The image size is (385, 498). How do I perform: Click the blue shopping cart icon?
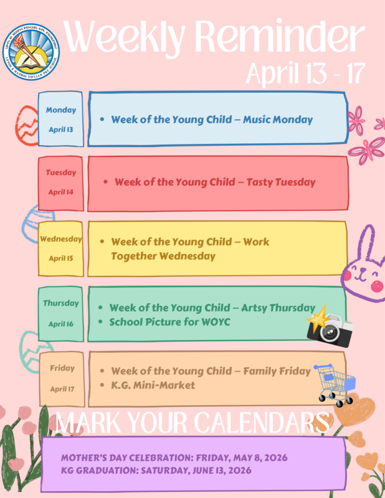335,381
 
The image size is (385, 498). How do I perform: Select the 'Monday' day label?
61,110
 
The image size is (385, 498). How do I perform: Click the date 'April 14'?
61,192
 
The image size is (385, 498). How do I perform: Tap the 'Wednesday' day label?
61,238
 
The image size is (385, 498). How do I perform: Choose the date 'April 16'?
61,324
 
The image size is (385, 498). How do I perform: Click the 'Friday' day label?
62,369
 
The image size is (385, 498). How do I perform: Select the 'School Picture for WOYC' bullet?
169,322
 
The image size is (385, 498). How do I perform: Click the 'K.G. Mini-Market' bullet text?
152,385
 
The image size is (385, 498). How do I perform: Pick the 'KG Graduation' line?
156,471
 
